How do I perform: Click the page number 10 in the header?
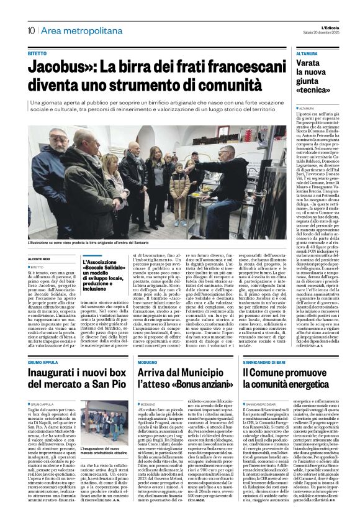(x=30, y=30)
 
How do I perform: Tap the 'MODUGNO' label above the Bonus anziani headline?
(x=148, y=345)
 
